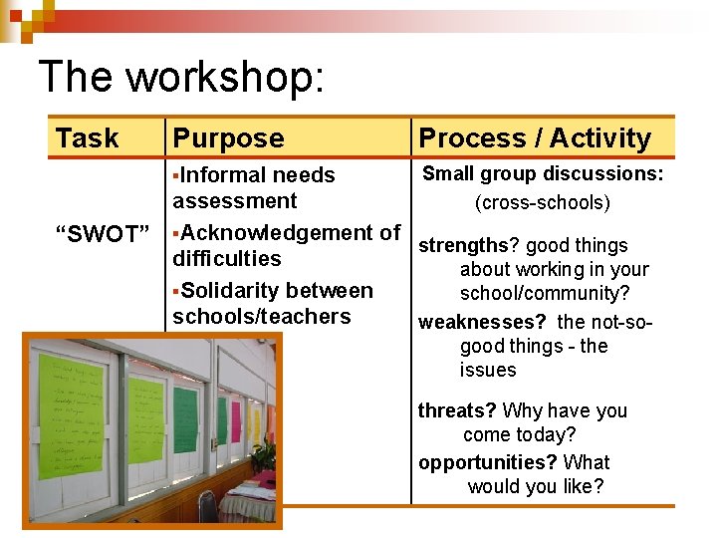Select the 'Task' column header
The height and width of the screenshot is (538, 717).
pos(88,138)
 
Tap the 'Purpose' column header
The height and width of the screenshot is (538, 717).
pos(228,138)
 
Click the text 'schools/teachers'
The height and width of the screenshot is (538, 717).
pos(261,317)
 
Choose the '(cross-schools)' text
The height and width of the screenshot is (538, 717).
pos(543,203)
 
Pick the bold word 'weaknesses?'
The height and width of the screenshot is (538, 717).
pos(482,322)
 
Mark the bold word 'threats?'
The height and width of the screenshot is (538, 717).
pos(457,410)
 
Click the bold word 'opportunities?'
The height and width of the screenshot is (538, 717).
pos(487,462)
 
